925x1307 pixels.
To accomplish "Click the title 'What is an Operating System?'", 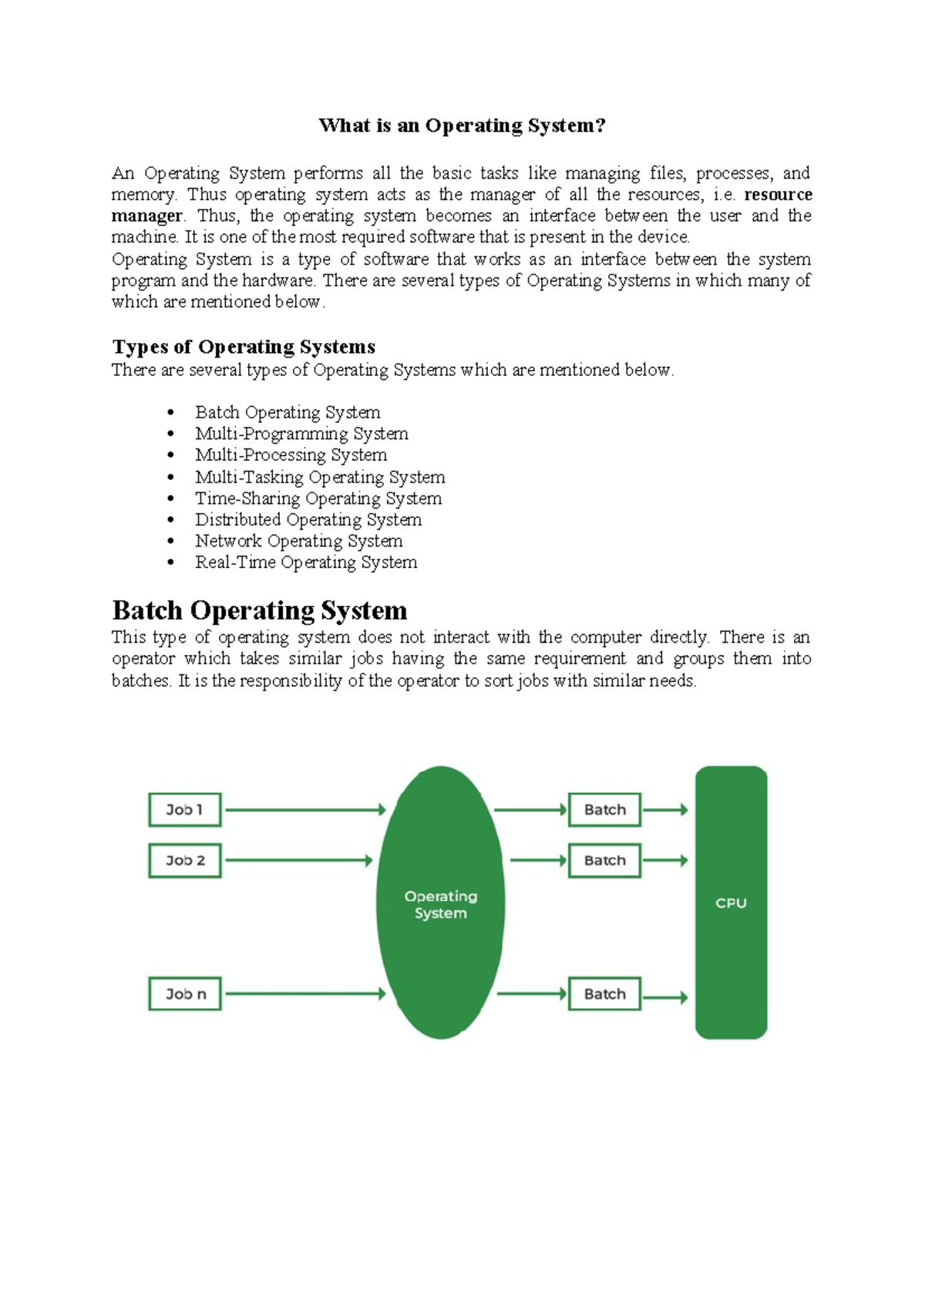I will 462,126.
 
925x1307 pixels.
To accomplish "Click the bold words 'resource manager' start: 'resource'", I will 777,194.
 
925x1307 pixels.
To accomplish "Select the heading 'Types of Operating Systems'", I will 244,347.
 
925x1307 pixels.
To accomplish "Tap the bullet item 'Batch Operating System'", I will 288,412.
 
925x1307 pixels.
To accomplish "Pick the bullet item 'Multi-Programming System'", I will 301,434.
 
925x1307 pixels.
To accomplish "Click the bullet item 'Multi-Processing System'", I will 291,455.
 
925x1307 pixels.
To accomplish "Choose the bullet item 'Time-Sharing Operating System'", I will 318,499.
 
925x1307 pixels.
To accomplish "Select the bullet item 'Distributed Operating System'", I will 308,520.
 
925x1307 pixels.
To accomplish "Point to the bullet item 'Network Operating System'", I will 298,541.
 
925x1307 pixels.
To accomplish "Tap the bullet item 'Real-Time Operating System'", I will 306,563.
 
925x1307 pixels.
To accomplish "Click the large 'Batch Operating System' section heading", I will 259,610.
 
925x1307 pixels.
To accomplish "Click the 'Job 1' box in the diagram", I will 185,810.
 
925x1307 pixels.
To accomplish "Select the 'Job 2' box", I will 185,861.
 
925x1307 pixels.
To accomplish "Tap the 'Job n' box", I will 185,994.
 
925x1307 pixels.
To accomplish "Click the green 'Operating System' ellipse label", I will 441,905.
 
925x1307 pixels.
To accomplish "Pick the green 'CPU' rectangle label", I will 731,903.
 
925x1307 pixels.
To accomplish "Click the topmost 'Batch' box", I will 604,810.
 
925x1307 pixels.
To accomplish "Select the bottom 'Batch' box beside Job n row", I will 604,994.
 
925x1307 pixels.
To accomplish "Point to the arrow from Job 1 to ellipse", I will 304,810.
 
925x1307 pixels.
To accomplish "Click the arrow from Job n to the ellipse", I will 304,994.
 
